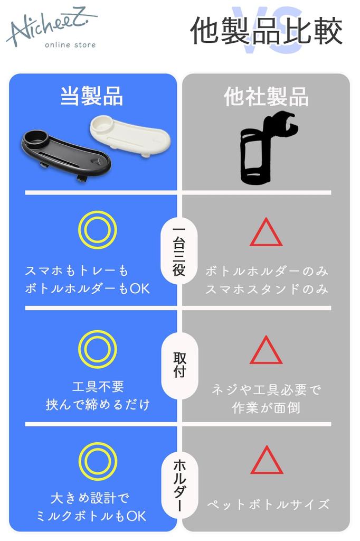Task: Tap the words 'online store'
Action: (70, 45)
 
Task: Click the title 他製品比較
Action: (266, 31)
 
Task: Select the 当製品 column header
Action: (92, 97)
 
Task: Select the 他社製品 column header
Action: (266, 97)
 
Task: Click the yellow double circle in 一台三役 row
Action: (97, 230)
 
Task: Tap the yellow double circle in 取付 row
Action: (97, 349)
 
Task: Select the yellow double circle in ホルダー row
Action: (97, 462)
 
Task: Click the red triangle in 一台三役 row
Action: (266, 234)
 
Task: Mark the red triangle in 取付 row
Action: (266, 351)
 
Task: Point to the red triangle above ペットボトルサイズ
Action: (267, 461)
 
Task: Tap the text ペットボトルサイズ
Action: (267, 504)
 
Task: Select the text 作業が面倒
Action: (266, 408)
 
